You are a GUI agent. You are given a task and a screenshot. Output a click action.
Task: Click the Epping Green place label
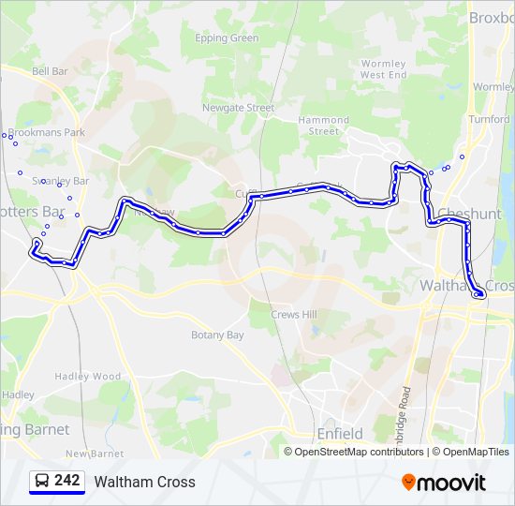(227, 38)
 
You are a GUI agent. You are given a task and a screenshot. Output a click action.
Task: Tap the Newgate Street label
(239, 108)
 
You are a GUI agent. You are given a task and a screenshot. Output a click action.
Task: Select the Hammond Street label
(324, 126)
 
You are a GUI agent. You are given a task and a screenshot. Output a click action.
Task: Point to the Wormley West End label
(384, 69)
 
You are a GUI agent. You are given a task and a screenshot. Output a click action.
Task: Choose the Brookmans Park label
(46, 133)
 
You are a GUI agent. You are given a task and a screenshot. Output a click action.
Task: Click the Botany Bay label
(217, 335)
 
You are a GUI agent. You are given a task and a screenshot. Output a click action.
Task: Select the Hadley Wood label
(88, 377)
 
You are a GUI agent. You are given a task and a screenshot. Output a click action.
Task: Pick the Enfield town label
(340, 434)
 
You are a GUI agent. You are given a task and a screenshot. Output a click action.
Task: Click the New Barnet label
(96, 454)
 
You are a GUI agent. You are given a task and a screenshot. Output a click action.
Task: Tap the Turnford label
(489, 120)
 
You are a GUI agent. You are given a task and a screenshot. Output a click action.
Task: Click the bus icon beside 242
(42, 481)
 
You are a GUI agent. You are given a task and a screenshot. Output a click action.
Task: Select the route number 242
(67, 481)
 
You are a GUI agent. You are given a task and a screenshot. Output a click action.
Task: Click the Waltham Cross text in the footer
(145, 482)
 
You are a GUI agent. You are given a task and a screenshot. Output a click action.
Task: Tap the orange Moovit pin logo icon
(409, 482)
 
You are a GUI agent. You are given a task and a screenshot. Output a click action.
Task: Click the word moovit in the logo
(453, 483)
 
